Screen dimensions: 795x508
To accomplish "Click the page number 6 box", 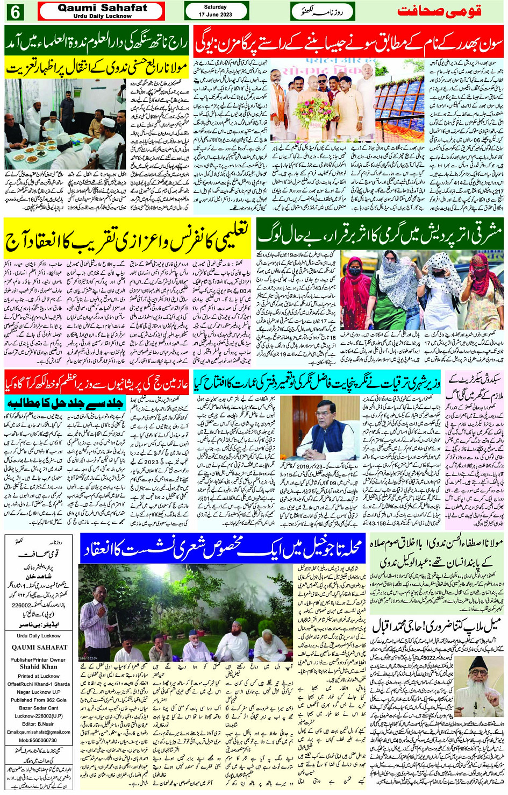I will click(x=14, y=11).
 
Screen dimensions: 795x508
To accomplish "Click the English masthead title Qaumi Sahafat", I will click(x=102, y=8).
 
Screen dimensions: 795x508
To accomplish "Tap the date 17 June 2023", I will click(x=215, y=15).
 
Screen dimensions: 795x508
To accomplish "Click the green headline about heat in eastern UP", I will click(x=380, y=237).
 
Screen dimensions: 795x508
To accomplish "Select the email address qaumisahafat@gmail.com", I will click(x=39, y=732).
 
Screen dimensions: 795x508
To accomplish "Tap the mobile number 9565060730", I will click(x=38, y=740).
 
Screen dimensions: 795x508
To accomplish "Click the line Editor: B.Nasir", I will click(x=38, y=723).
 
